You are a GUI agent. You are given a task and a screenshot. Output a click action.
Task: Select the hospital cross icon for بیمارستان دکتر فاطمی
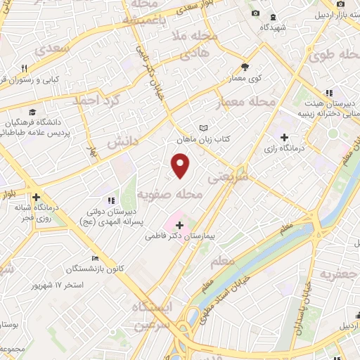click(x=180, y=226)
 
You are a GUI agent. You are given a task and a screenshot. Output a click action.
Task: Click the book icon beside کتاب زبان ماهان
click(x=204, y=129)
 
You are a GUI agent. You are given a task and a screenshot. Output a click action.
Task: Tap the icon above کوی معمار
click(x=245, y=67)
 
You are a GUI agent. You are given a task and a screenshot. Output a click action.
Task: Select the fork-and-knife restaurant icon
click(x=24, y=68)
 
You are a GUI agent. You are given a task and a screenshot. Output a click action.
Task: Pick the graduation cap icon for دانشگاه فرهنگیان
click(x=32, y=112)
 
